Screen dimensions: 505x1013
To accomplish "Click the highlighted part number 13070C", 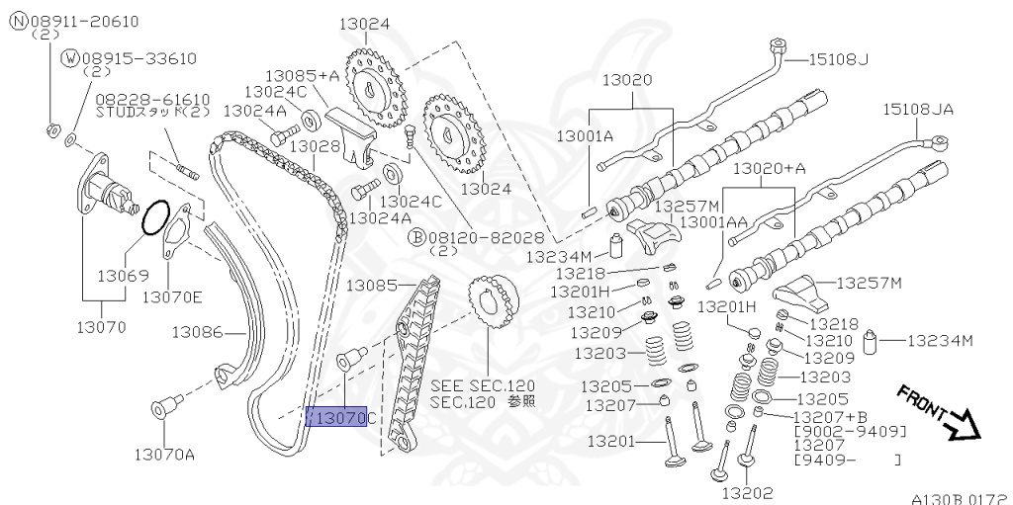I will (x=337, y=418).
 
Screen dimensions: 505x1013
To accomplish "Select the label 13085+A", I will (x=302, y=74).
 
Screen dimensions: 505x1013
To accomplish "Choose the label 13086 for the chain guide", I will (x=197, y=331).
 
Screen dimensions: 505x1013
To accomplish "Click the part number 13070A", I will (x=164, y=455).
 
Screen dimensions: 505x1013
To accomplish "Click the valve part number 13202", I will (x=746, y=492).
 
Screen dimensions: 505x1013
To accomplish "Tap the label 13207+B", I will (x=830, y=417).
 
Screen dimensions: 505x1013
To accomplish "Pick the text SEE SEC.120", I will (x=482, y=384).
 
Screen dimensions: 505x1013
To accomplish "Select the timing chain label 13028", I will (x=315, y=146).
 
